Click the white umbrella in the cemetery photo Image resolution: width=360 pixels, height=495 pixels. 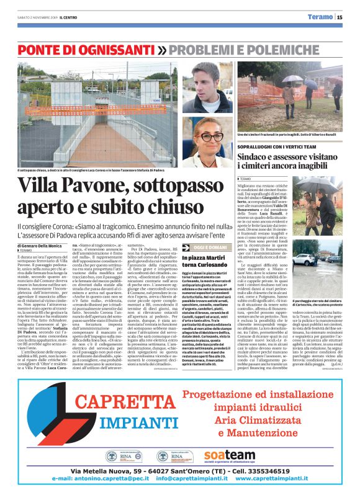click(289, 79)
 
